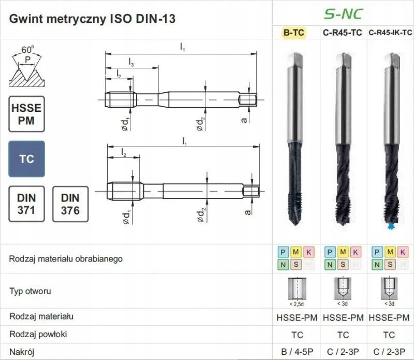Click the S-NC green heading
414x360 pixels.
pyautogui.click(x=343, y=14)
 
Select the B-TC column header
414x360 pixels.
pyautogui.click(x=293, y=33)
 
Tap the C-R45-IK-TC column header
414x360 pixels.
pyautogui.click(x=390, y=33)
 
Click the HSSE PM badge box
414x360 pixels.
pyautogui.click(x=27, y=114)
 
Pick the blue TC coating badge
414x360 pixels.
pyautogui.click(x=27, y=159)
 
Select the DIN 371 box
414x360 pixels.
pyautogui.click(x=27, y=204)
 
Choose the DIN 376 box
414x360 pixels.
pyautogui.click(x=70, y=204)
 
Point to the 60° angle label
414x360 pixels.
pyautogui.click(x=27, y=50)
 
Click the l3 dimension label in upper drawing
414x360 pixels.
pyautogui.click(x=131, y=62)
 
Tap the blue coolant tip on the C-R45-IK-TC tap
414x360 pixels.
pyautogui.click(x=391, y=226)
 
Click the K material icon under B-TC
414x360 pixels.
pyautogui.click(x=308, y=252)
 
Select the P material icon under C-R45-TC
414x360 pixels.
pyautogui.click(x=330, y=252)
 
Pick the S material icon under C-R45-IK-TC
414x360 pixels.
pyautogui.click(x=390, y=264)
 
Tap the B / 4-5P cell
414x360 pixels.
pyautogui.click(x=297, y=352)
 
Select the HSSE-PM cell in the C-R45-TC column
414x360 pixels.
pyautogui.click(x=343, y=318)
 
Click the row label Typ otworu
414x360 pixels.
pyautogui.click(x=30, y=291)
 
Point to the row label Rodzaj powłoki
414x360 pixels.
pyautogui.click(x=38, y=334)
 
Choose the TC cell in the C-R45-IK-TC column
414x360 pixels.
pyautogui.click(x=389, y=335)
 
